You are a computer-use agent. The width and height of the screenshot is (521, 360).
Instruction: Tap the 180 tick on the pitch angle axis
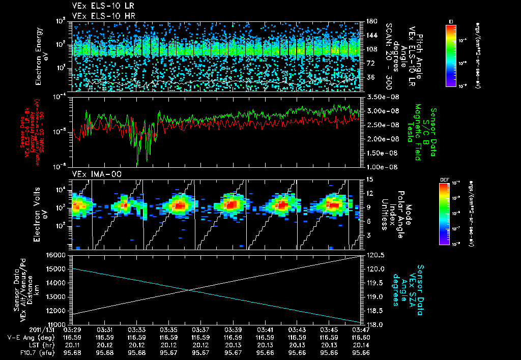coord(370,21)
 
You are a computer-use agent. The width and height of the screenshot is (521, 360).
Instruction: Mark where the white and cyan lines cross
coord(189,290)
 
